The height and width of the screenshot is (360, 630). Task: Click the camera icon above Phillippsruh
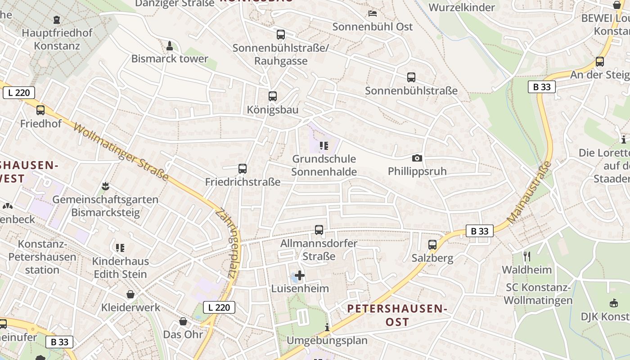point(417,158)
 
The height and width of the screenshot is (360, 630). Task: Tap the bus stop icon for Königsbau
point(273,96)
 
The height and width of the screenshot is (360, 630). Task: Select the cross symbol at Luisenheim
point(300,275)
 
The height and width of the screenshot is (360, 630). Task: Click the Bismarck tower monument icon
point(170,45)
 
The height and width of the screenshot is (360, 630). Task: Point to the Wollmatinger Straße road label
point(121,147)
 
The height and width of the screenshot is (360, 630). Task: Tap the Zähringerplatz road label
point(229,245)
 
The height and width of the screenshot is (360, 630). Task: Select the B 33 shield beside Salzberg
point(479,231)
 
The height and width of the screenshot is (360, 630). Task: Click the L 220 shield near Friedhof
point(19,93)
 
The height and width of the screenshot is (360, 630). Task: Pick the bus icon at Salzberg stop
point(432,245)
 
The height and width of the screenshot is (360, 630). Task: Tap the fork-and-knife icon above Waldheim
point(527,256)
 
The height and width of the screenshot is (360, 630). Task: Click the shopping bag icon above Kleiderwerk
point(130,294)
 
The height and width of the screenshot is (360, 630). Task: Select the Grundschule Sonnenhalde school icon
point(324,146)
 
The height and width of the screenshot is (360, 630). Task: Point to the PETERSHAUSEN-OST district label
point(397,315)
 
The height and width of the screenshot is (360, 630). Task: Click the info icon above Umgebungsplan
point(327,327)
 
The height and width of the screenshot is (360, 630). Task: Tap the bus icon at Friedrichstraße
point(243,169)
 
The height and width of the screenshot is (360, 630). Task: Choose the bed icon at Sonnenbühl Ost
point(373,13)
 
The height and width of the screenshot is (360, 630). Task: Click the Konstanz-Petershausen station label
point(42,257)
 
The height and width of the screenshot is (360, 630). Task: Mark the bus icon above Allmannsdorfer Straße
point(319,230)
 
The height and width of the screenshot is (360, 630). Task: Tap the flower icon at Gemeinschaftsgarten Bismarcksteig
point(105,186)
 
